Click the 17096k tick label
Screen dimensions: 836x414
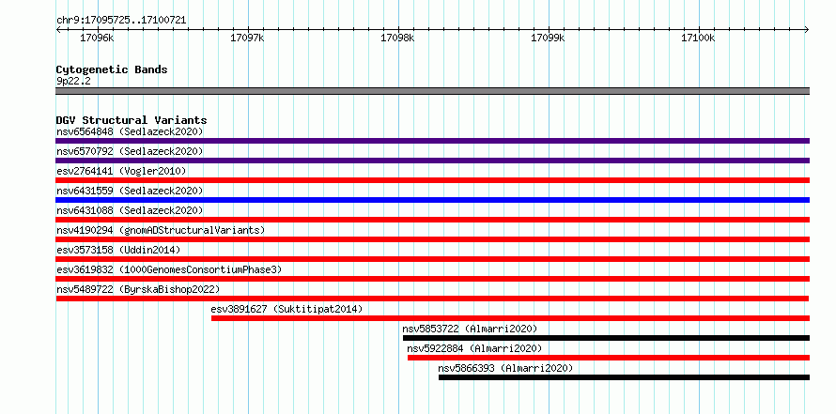[97, 38]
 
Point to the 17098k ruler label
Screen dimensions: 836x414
[397, 38]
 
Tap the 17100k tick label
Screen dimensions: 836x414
[698, 38]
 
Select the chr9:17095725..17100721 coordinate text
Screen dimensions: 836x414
[121, 21]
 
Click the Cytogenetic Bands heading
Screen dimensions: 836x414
[112, 69]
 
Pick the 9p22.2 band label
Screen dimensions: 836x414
[73, 81]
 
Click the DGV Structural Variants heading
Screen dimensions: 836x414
[132, 120]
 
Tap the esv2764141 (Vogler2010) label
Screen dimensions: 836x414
[121, 171]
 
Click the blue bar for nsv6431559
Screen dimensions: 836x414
[432, 200]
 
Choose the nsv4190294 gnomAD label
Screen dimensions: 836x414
[161, 230]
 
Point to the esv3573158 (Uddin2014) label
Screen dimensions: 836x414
[118, 250]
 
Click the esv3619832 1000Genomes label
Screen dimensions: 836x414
[169, 269]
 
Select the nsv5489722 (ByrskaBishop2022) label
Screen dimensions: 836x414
[138, 289]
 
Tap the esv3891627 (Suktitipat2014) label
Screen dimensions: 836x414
[286, 309]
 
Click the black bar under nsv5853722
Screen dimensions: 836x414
[606, 338]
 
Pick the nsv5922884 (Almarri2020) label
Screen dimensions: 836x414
[474, 348]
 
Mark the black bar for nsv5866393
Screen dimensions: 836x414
[625, 377]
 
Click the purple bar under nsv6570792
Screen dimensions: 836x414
[432, 161]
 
